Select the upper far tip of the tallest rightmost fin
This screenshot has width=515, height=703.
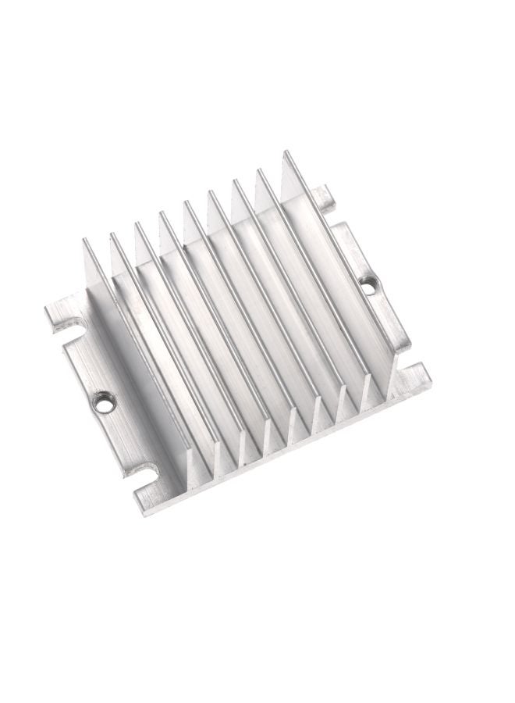284,153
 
